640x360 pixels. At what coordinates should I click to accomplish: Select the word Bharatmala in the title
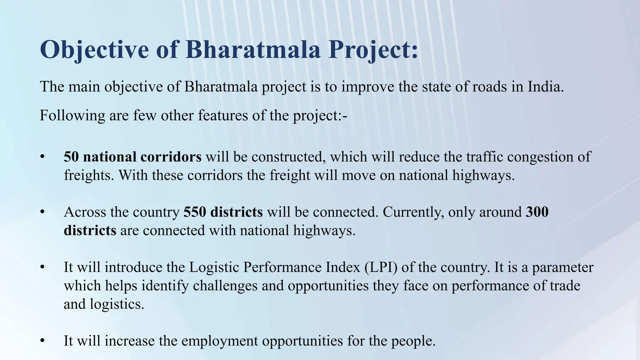(253, 50)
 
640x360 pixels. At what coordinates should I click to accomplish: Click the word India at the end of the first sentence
(545, 87)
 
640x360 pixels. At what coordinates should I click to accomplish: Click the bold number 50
(71, 157)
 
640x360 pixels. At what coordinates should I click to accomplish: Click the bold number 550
(195, 212)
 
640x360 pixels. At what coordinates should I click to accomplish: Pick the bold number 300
(537, 212)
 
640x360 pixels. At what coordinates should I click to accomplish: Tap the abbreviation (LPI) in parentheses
(381, 267)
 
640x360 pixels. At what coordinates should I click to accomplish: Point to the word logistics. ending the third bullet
(117, 304)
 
